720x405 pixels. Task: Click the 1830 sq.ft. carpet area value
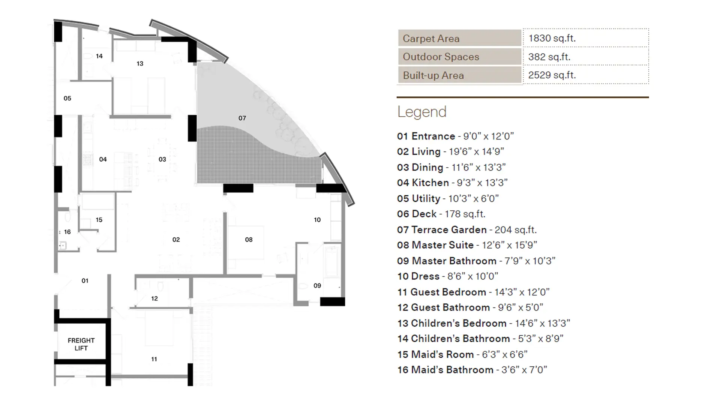(552, 38)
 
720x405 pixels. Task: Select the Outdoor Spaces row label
(441, 57)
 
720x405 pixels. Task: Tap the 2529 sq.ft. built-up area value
(552, 75)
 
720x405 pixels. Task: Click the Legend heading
(422, 112)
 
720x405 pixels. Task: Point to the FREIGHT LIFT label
(81, 344)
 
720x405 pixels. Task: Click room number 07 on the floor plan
(242, 118)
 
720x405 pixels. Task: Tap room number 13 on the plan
(140, 64)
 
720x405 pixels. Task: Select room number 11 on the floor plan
(154, 359)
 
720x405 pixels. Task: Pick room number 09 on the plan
(317, 286)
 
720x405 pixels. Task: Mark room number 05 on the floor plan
(67, 98)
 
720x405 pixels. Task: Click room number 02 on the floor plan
(176, 240)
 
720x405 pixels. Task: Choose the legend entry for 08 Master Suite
(467, 245)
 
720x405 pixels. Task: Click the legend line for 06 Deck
(441, 214)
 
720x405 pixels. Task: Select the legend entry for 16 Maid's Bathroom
(472, 370)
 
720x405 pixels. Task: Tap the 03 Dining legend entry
(451, 167)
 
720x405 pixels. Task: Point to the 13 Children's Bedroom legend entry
(484, 323)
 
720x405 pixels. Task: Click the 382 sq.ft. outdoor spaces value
(549, 57)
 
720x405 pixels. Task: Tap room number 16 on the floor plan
(67, 232)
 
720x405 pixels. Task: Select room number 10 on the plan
(317, 220)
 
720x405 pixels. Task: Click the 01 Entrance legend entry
(456, 136)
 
